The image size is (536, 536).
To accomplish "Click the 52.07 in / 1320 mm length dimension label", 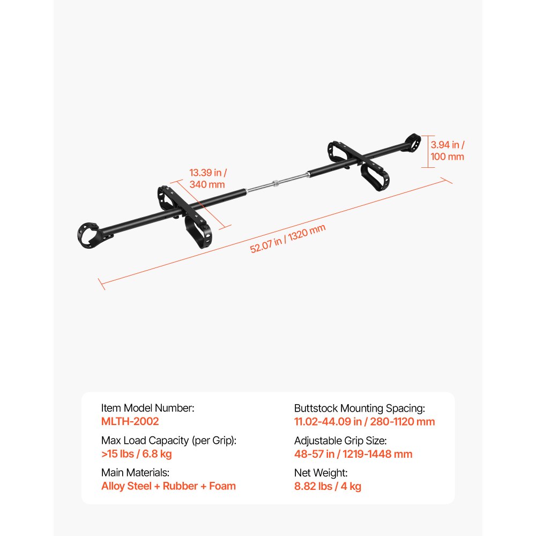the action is click(287, 239).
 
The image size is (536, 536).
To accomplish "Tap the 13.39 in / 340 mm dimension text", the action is click(208, 178).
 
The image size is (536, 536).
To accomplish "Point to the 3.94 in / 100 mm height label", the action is click(447, 151).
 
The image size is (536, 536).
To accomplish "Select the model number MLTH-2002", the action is click(130, 421).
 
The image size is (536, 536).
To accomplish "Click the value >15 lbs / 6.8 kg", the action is click(136, 453).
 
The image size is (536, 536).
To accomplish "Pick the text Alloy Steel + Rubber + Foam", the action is click(168, 486).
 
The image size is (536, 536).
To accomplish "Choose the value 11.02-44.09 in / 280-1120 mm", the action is click(364, 421).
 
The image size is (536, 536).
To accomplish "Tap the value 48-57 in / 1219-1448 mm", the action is click(353, 453).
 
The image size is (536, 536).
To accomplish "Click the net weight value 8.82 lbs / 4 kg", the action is click(327, 486).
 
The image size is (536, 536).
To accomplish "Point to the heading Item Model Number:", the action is click(148, 408).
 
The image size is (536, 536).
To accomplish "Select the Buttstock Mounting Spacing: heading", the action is click(360, 408).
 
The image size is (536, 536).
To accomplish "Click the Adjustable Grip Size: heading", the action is click(340, 441).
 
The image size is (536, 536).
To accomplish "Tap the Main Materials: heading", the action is click(136, 472).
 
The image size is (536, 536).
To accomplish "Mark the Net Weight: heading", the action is click(321, 473).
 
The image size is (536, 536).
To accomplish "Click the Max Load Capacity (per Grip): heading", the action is click(169, 440).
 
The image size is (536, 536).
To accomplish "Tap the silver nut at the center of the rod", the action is click(276, 183).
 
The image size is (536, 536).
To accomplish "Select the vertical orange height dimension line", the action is click(428, 152).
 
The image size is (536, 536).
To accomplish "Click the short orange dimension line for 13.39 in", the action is click(200, 204).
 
